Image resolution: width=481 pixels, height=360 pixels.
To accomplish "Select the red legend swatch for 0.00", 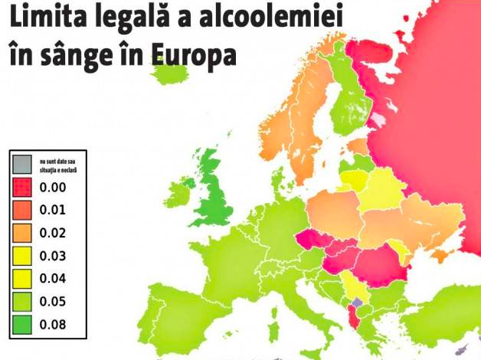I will click(x=21, y=187).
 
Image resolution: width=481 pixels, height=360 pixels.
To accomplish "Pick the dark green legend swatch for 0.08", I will click(x=21, y=325).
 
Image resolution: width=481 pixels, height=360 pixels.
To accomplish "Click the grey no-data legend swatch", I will click(x=21, y=164).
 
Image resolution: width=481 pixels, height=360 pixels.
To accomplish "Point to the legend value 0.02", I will click(x=53, y=233).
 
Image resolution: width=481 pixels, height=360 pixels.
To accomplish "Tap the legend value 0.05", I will click(x=53, y=302).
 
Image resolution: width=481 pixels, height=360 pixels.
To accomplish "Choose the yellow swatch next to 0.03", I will click(x=21, y=256).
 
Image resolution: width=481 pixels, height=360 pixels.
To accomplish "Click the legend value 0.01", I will click(x=53, y=210).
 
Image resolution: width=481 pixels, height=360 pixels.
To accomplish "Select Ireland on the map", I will click(x=181, y=191).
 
